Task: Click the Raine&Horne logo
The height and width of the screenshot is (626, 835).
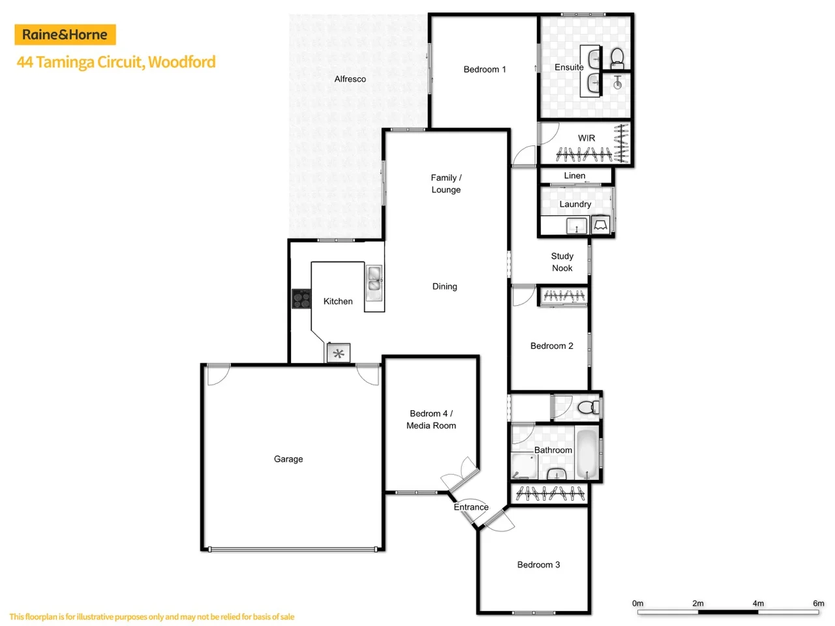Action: [65, 35]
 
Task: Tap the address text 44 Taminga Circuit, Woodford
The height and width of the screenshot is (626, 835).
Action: [116, 62]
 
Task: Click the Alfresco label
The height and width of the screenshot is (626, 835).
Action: [350, 79]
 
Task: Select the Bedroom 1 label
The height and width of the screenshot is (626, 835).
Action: [485, 69]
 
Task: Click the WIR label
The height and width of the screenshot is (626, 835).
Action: [586, 138]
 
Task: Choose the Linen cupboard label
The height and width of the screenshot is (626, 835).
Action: [575, 175]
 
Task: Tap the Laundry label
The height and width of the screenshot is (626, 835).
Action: [575, 204]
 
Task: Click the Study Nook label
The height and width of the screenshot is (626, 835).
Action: [562, 262]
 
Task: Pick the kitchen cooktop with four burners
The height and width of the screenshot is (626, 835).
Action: [301, 299]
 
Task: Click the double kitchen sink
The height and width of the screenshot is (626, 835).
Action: [374, 279]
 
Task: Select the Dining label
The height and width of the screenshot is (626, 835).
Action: [445, 286]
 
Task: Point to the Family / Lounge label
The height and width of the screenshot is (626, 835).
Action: [446, 184]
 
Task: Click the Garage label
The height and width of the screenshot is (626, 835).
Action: [288, 459]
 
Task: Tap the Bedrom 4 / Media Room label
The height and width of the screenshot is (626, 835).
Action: [431, 419]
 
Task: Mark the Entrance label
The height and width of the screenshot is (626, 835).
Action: [471, 507]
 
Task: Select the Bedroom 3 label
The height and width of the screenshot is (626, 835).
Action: [539, 565]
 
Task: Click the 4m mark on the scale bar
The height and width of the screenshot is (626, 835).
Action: [758, 604]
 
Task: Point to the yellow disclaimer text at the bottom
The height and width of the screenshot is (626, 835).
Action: [152, 617]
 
